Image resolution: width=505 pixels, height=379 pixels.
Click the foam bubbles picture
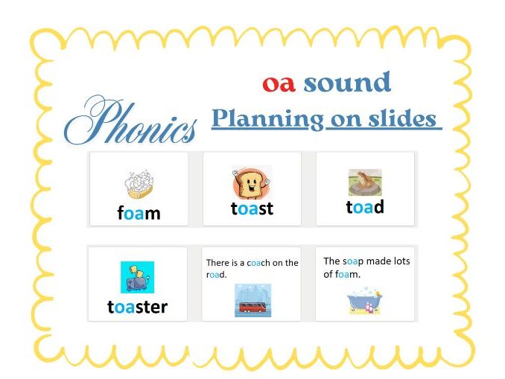tap(139, 184)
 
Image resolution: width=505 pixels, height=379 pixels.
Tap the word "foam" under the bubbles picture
tap(139, 214)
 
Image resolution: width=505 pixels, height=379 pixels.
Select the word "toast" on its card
tap(252, 209)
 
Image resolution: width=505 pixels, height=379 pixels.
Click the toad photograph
tap(365, 182)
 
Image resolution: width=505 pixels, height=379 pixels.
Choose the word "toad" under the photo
tap(365, 207)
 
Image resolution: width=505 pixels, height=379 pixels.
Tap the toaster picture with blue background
tap(138, 277)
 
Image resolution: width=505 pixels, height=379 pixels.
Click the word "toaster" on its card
tap(138, 307)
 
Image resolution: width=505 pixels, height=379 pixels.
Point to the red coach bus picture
tap(252, 299)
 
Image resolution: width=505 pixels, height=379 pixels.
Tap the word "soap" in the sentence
tap(354, 261)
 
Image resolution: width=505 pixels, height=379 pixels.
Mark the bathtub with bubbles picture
tap(365, 302)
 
